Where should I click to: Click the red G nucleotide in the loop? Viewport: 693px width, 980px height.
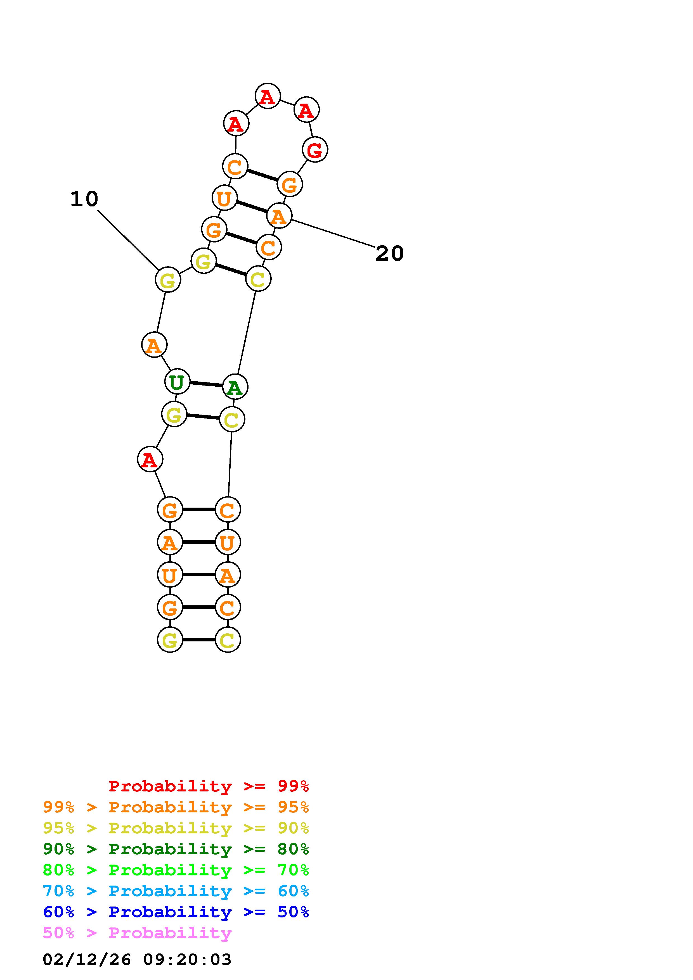tap(315, 150)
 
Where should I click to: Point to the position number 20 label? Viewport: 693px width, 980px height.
tap(389, 254)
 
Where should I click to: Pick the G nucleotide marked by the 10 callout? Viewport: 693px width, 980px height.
tap(168, 280)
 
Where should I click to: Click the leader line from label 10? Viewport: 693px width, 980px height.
tap(129, 240)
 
